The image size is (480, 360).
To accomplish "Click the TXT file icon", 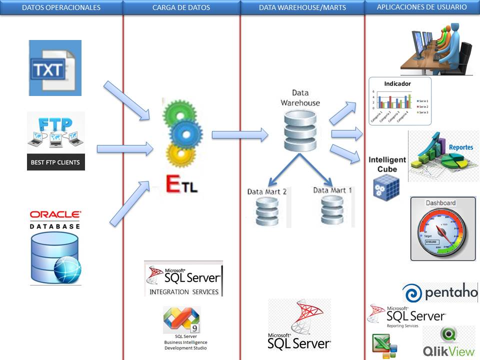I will coord(54,68).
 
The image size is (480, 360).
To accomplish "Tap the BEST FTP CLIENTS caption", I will coord(55,162).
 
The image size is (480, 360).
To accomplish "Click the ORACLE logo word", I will coord(55,214).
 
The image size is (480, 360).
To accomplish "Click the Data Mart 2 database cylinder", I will coord(267,212).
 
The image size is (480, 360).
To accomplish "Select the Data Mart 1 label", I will coord(332,190).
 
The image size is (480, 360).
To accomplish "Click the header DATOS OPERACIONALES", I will coord(61,7).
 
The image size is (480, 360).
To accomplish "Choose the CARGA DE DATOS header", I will coord(181,7).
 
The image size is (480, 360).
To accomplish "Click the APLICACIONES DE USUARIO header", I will coord(422,7).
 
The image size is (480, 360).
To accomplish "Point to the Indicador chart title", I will coord(397,83).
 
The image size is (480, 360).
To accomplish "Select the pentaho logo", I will coord(440,292).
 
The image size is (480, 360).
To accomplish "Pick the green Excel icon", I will coord(384,346).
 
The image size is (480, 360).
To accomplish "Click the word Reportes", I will coord(460,147).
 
